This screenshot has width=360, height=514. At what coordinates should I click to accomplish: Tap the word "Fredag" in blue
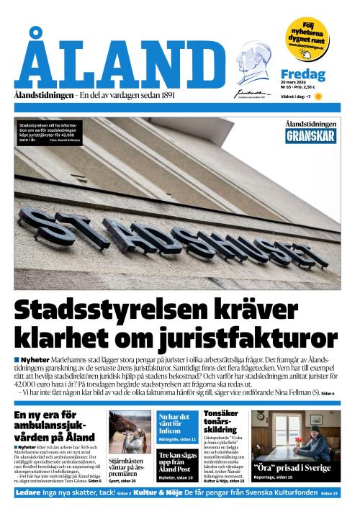(x=302, y=74)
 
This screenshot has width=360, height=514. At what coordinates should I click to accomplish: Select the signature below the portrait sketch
(x=253, y=92)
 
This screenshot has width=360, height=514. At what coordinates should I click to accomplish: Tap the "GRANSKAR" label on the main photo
(x=310, y=135)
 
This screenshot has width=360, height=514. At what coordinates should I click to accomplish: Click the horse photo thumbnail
(x=130, y=431)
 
